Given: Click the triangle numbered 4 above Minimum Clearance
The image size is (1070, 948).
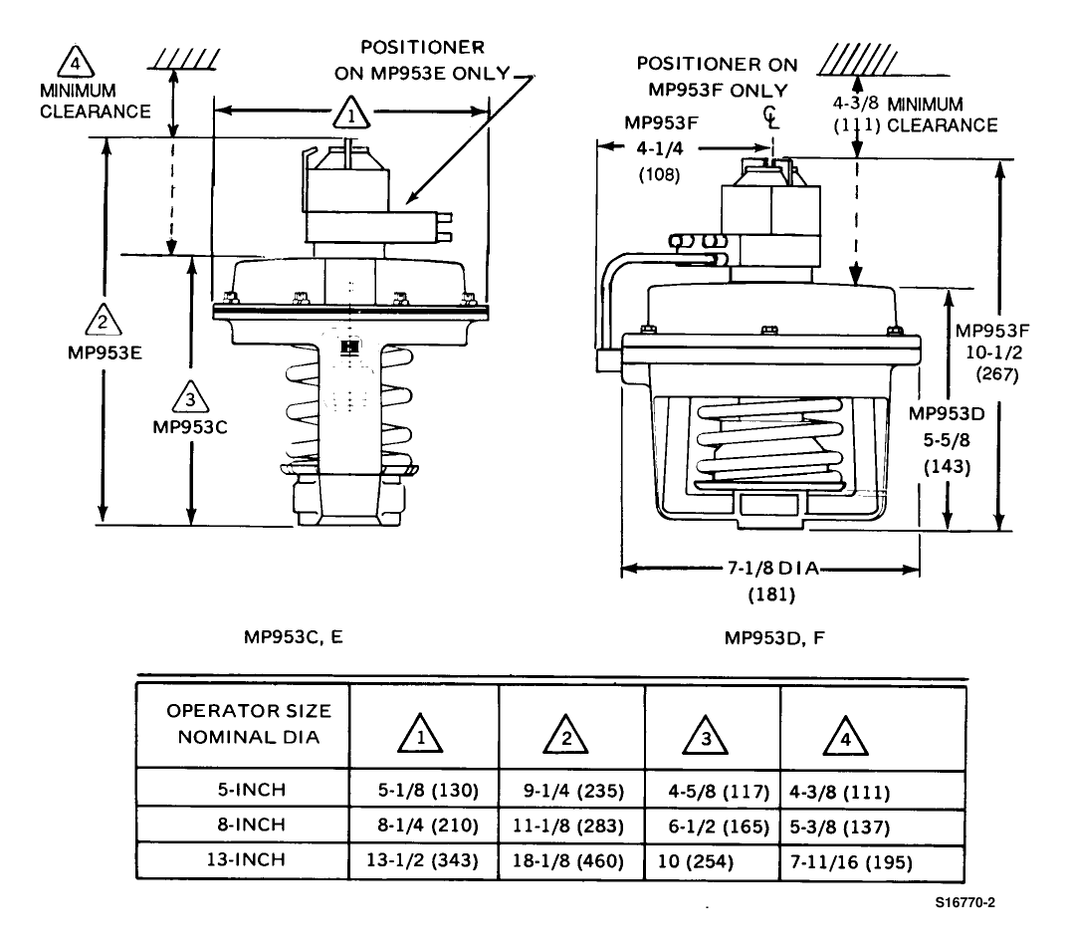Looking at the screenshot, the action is [x=75, y=62].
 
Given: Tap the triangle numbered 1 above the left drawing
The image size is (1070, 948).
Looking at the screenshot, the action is [x=351, y=113].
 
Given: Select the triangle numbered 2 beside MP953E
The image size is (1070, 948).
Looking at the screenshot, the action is [x=104, y=320].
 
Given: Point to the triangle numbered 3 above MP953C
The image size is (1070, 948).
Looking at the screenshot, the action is [x=190, y=397].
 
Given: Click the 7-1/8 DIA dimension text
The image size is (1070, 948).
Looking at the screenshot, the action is [x=772, y=568].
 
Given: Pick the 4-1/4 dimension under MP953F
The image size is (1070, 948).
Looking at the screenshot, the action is [x=659, y=148].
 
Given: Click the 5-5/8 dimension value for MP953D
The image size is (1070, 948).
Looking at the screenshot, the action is [x=947, y=440].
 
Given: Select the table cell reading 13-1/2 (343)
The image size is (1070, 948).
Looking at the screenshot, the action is [x=423, y=860].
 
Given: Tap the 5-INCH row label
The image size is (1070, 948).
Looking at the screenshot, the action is [x=251, y=790].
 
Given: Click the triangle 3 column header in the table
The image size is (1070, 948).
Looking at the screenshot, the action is [x=706, y=736].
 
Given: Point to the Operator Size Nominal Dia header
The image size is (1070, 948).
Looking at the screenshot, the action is [x=249, y=724].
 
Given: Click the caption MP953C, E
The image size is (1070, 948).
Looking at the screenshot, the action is [x=294, y=637].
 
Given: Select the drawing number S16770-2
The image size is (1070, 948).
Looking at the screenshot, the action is [x=964, y=902].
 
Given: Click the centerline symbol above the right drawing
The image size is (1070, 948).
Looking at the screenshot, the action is [x=770, y=117].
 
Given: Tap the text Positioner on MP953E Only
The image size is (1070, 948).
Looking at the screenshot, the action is [x=422, y=60].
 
